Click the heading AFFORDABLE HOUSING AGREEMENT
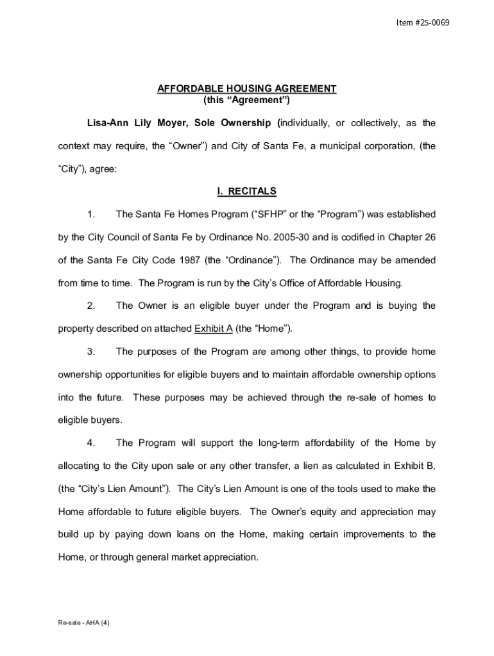247,88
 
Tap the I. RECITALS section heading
247,191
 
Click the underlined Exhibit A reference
213,329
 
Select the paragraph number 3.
91,352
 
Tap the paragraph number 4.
91,443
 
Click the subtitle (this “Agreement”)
247,100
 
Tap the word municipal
333,146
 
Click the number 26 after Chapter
430,237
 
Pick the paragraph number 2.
91,306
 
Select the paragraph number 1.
91,214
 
